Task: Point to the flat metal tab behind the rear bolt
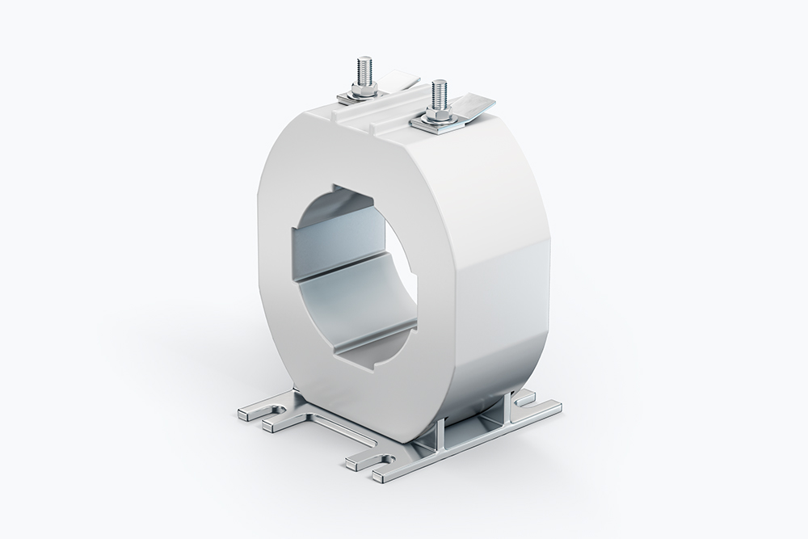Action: coord(398,80)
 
